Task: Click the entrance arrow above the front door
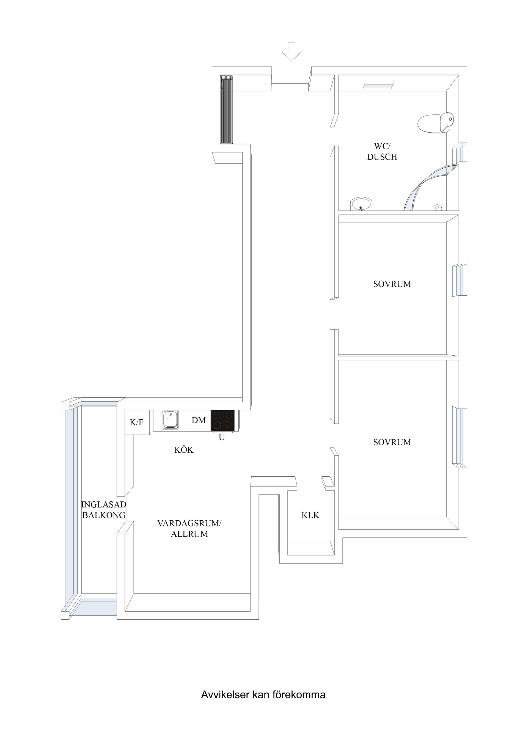pyautogui.click(x=291, y=51)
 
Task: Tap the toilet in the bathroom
pyautogui.click(x=435, y=123)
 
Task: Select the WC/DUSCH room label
pyautogui.click(x=382, y=151)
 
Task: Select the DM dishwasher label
pyautogui.click(x=199, y=420)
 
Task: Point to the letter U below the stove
pyautogui.click(x=222, y=438)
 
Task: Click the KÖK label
pyautogui.click(x=184, y=450)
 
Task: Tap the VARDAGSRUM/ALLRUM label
pyautogui.click(x=189, y=529)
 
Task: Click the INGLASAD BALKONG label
pyautogui.click(x=103, y=510)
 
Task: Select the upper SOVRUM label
pyautogui.click(x=392, y=284)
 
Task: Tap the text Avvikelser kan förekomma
pyautogui.click(x=263, y=695)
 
